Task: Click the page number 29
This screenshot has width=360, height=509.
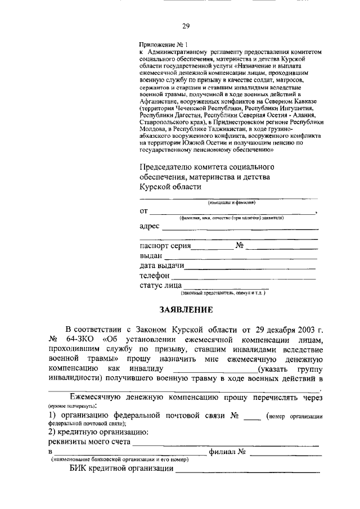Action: coord(186,25)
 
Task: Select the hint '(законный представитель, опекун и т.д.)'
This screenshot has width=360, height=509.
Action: coord(223,294)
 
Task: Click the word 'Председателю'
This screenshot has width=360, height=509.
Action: coord(166,168)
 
